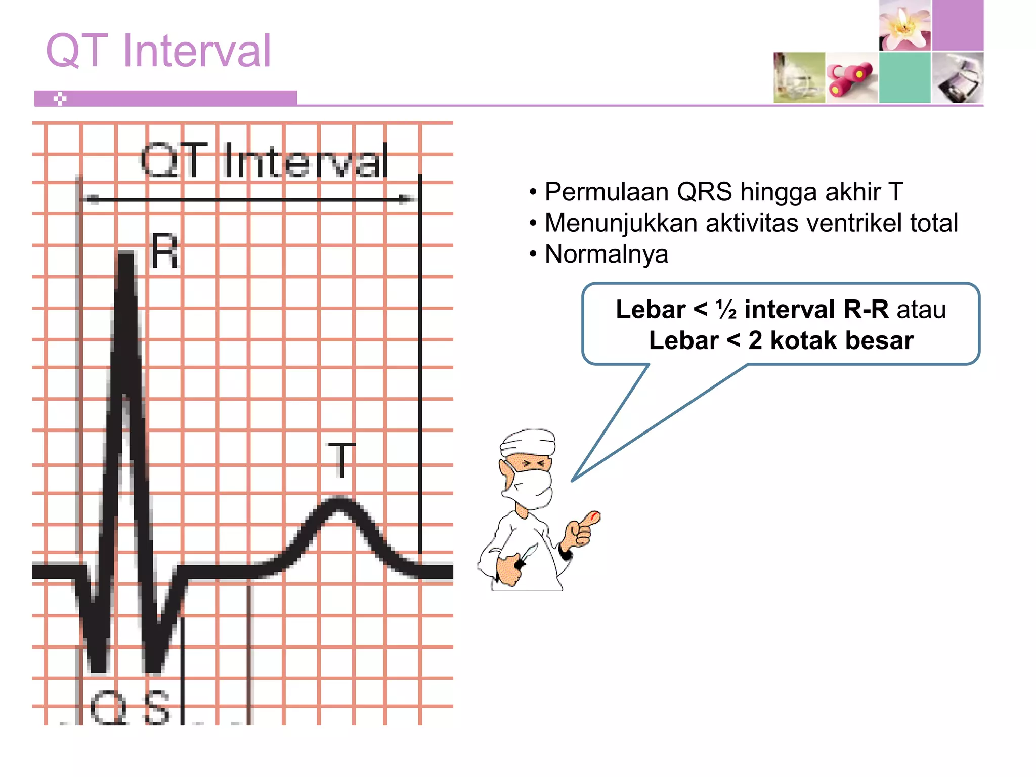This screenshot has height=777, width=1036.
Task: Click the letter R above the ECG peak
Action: tap(165, 251)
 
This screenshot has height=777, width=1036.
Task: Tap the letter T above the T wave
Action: tap(341, 459)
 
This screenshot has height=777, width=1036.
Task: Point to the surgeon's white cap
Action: tap(528, 441)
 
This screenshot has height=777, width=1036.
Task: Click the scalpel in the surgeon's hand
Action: tap(528, 553)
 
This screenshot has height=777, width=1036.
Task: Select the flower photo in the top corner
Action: tap(904, 25)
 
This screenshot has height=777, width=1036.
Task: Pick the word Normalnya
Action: tap(606, 254)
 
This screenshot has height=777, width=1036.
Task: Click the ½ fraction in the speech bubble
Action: tap(726, 310)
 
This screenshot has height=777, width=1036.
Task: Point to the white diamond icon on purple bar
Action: tap(60, 99)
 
